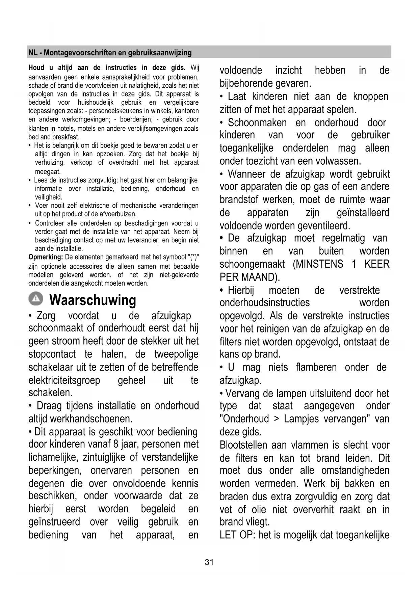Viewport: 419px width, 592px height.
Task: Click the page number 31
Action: (x=209, y=562)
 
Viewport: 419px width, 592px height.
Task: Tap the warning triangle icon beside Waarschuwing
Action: (x=35, y=298)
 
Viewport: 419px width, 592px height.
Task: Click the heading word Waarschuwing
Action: (x=93, y=300)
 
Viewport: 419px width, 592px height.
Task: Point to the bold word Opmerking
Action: (x=46, y=257)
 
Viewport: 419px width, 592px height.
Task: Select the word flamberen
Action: (x=316, y=367)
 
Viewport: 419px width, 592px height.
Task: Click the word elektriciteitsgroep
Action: (x=64, y=380)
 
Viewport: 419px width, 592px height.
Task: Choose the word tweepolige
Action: (x=176, y=354)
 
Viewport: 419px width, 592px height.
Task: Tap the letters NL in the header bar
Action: (x=33, y=53)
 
